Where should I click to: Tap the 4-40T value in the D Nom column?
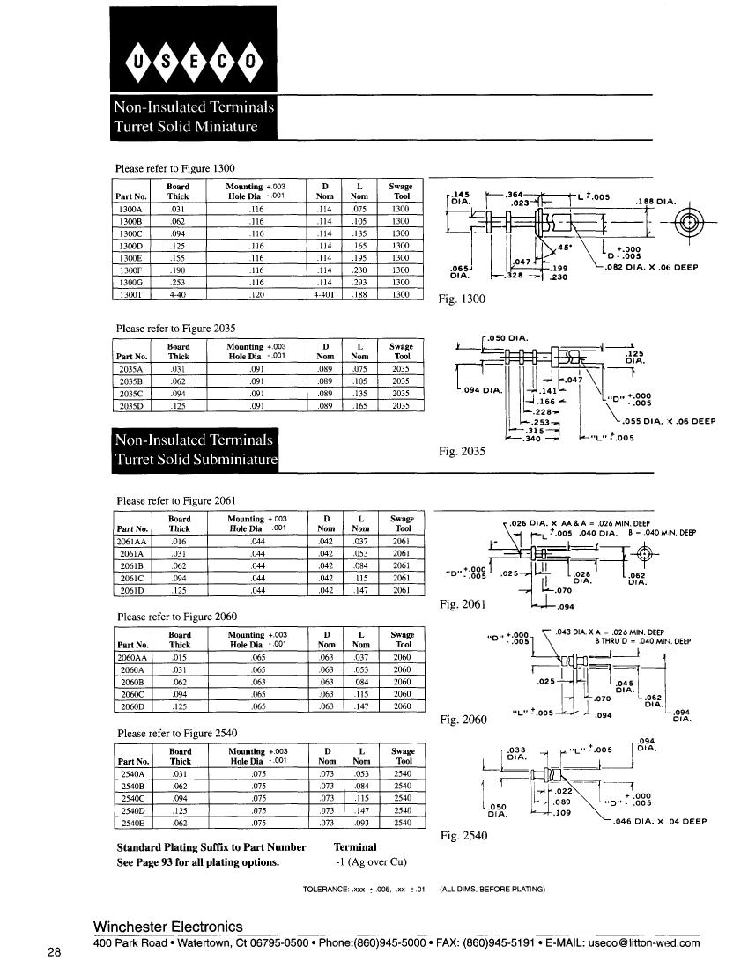(325, 294)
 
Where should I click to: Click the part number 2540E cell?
(133, 823)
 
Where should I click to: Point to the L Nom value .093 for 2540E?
(361, 823)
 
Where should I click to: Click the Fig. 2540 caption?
(463, 836)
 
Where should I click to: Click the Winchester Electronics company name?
(167, 927)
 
